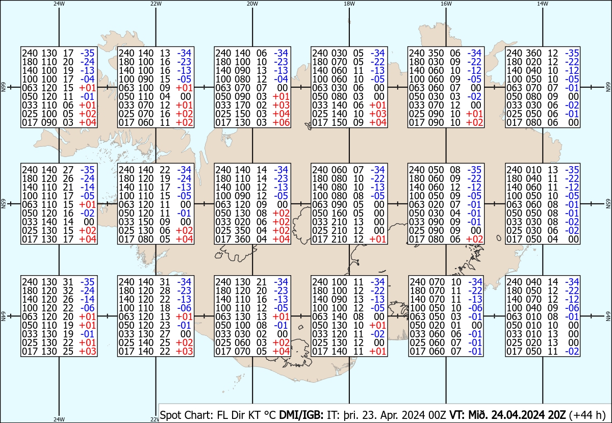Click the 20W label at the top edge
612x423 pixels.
252,4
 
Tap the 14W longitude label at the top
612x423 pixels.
542,4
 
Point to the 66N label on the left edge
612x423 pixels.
3,87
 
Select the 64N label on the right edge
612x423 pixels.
608,316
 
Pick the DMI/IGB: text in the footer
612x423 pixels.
301,415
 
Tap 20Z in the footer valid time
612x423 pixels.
557,415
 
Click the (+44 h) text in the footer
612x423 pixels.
587,415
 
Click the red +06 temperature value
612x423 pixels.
281,123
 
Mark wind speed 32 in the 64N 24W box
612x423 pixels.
68,290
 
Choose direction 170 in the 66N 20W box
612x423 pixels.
242,105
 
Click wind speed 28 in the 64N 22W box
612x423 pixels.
165,290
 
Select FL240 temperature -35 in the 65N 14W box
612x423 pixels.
572,170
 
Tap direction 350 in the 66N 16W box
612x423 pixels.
436,53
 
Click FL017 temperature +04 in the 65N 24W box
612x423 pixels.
88,239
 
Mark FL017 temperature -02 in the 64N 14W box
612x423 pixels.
572,351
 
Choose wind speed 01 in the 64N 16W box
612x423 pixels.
456,325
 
